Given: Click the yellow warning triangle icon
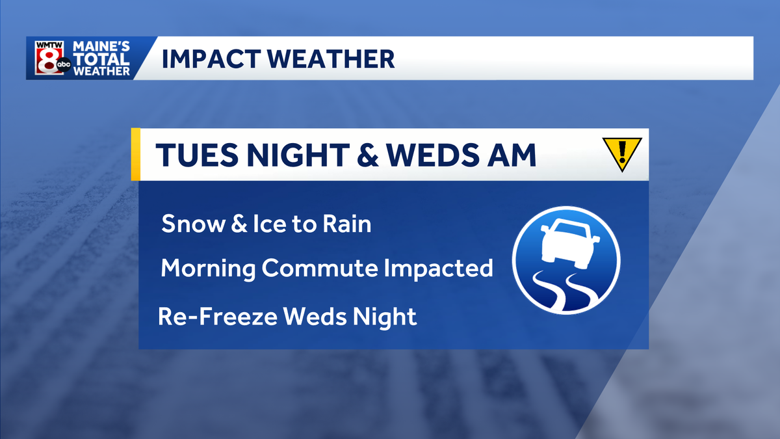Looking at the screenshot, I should pyautogui.click(x=622, y=153).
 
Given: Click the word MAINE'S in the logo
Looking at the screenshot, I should pyautogui.click(x=101, y=47).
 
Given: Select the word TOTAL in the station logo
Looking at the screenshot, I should pyautogui.click(x=101, y=59).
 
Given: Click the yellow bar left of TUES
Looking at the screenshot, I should pyautogui.click(x=135, y=153).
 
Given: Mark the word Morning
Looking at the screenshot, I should pyautogui.click(x=208, y=269).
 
